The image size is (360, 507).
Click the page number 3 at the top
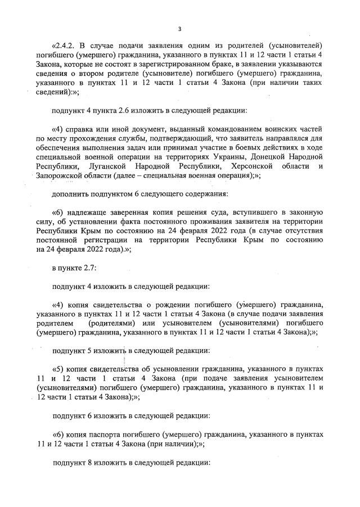coord(179,29)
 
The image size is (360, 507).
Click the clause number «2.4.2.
coord(67,46)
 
